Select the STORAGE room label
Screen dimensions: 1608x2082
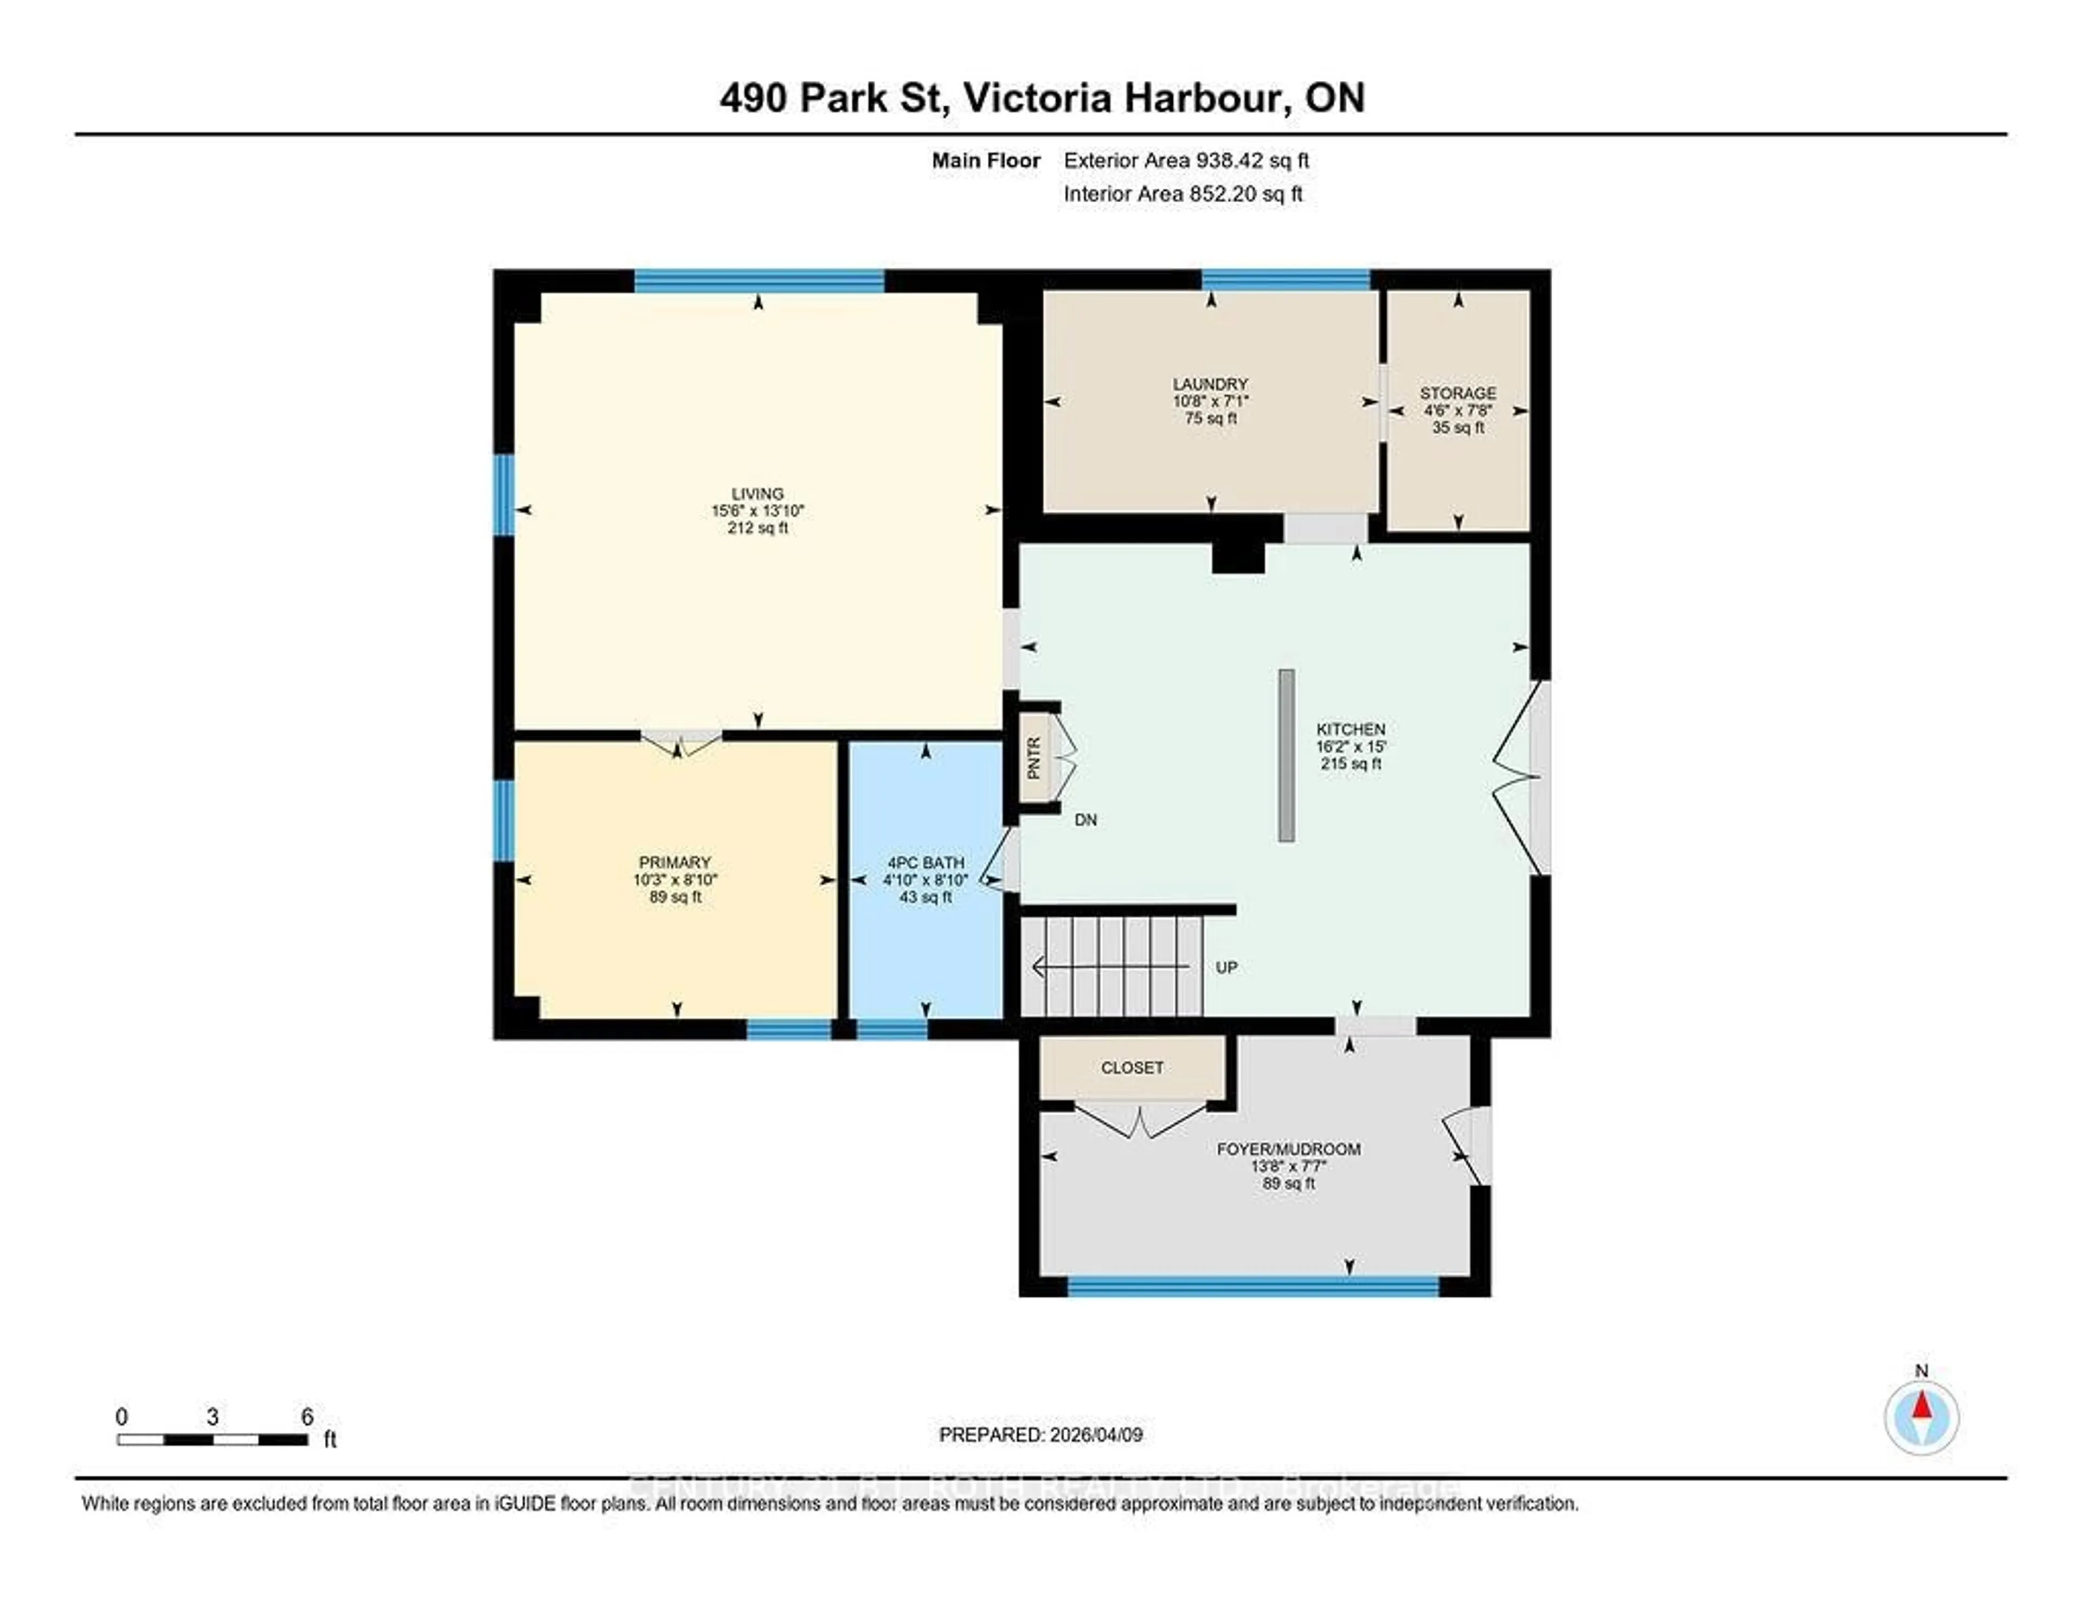1457,393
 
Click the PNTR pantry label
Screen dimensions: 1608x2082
1033,758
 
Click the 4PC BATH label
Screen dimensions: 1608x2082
924,863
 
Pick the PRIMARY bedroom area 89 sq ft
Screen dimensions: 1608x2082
675,897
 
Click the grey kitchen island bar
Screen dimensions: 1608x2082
1286,755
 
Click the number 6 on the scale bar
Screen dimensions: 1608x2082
307,1417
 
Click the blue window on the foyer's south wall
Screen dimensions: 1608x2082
1252,1288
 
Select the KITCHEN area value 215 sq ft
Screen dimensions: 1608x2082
1350,763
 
